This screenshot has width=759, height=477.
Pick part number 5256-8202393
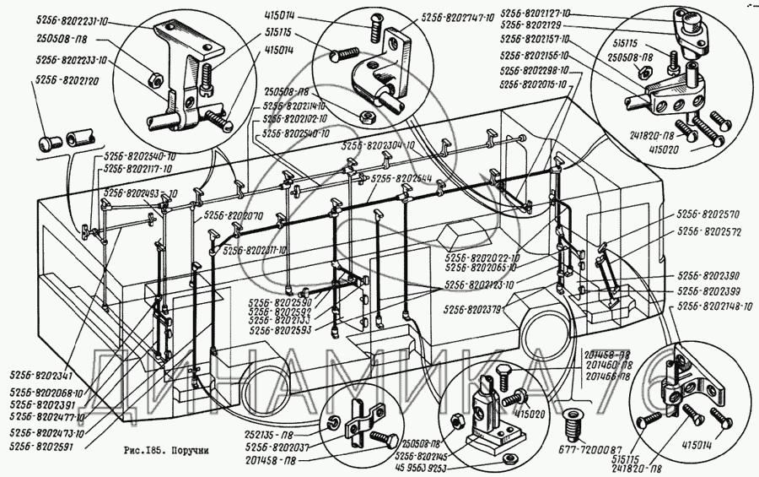(x=707, y=290)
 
